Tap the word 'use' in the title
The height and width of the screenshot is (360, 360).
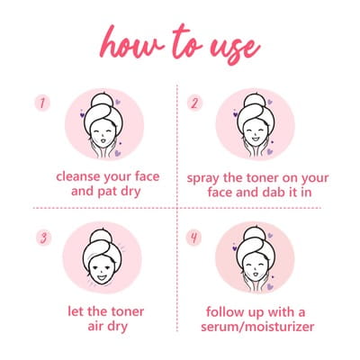(235, 49)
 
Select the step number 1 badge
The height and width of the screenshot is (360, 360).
(42, 103)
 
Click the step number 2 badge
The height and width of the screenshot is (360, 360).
(194, 103)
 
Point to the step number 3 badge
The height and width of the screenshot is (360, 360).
(44, 238)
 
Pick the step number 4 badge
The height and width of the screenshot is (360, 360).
(193, 238)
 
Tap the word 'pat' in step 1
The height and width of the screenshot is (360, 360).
(108, 192)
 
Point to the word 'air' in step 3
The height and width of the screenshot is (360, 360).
(96, 326)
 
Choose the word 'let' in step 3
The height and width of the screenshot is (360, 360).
(76, 311)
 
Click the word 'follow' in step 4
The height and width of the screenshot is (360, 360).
(226, 311)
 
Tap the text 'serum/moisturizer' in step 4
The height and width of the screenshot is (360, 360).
(257, 327)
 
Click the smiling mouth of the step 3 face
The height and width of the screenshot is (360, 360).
(102, 277)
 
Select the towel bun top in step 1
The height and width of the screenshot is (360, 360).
(103, 100)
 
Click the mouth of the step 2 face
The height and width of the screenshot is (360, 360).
(256, 139)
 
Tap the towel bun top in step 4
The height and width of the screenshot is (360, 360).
(254, 234)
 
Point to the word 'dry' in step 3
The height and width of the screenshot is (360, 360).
(118, 327)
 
